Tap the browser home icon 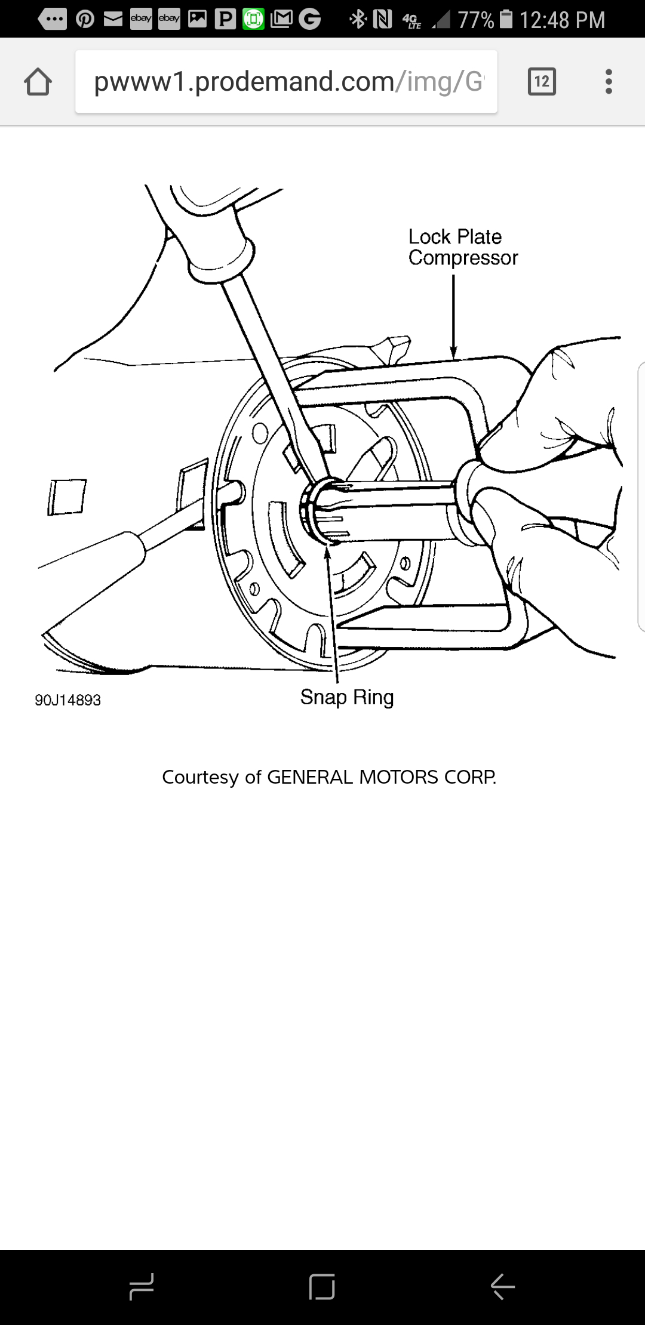pyautogui.click(x=38, y=82)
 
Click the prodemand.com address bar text pyautogui.click(x=287, y=82)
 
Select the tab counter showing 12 pyautogui.click(x=542, y=82)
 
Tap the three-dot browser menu pyautogui.click(x=609, y=82)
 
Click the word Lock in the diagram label pyautogui.click(x=429, y=237)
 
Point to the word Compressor pyautogui.click(x=463, y=258)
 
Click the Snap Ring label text pyautogui.click(x=346, y=697)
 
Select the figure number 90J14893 pyautogui.click(x=67, y=700)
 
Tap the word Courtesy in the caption pyautogui.click(x=200, y=777)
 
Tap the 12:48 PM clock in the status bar pyautogui.click(x=562, y=20)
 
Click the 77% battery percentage pyautogui.click(x=475, y=20)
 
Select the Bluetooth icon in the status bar pyautogui.click(x=358, y=20)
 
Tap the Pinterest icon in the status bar pyautogui.click(x=85, y=20)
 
